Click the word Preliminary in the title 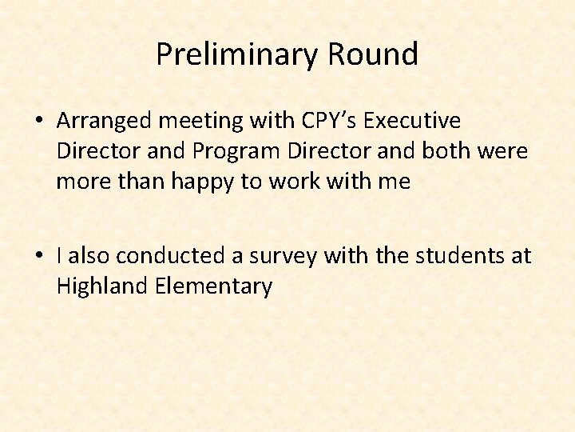pos(236,54)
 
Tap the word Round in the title pos(372,54)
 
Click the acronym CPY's pos(330,121)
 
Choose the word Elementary pos(213,286)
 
